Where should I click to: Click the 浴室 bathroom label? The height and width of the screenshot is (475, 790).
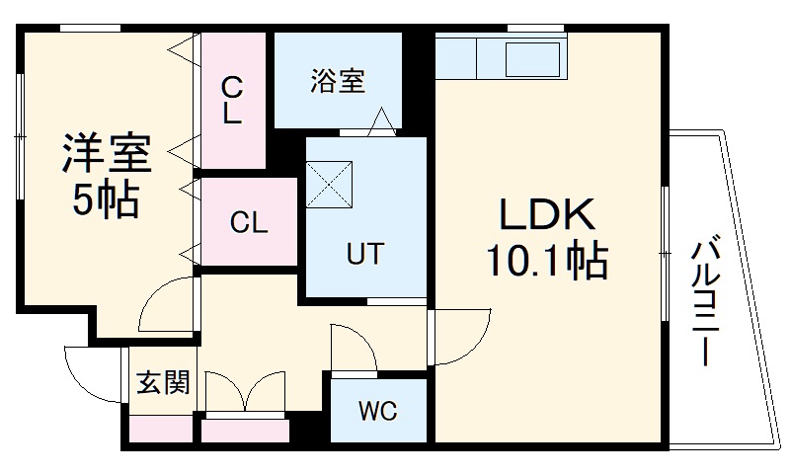point(337,81)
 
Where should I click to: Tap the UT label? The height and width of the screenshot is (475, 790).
point(364,253)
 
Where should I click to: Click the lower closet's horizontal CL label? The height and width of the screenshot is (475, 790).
point(249,222)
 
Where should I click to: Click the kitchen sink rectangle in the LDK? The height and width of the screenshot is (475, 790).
point(533,60)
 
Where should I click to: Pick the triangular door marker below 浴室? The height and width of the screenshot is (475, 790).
point(381,122)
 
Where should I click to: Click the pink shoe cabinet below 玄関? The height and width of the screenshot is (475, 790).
point(161,430)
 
